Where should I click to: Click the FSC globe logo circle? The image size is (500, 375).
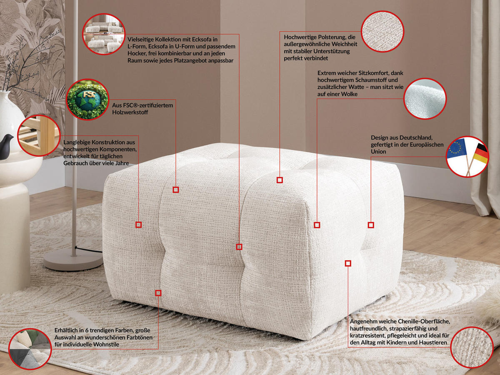(87, 99)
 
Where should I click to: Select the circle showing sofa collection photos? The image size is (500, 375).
(104, 35)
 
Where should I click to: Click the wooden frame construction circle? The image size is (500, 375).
(39, 135)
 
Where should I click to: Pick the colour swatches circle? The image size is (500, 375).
(29, 349)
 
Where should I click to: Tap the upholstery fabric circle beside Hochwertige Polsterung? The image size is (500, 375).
(382, 32)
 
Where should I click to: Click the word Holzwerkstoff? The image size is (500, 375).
(130, 112)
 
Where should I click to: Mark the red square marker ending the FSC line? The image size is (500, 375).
(176, 189)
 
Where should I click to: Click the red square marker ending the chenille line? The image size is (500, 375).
(348, 263)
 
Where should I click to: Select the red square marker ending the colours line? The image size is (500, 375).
(158, 293)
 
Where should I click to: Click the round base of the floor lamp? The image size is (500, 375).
(73, 260)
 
